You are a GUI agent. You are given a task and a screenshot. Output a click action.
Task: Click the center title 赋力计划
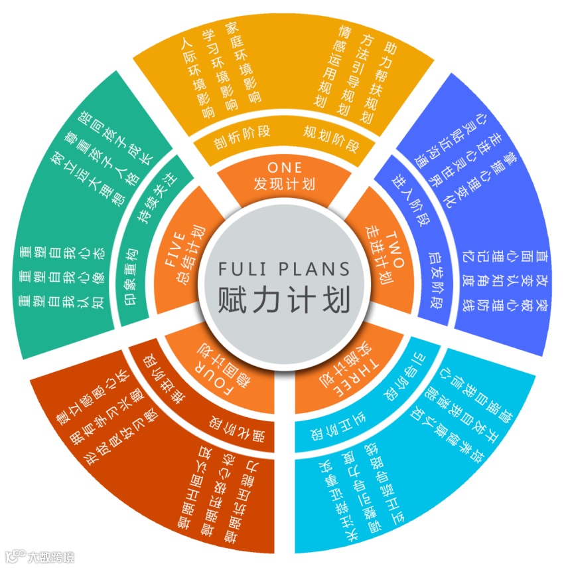tap(283, 300)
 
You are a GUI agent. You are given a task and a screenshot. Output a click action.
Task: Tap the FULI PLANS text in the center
tap(283, 269)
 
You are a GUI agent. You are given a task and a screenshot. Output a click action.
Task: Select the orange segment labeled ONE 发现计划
tap(283, 176)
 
